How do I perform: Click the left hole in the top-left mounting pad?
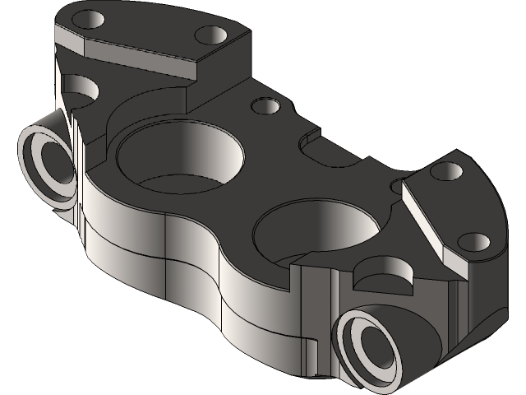tap(88, 19)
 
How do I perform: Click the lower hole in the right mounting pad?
tap(476, 243)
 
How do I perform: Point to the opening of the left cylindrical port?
tap(47, 164)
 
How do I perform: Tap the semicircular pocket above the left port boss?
tap(78, 90)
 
